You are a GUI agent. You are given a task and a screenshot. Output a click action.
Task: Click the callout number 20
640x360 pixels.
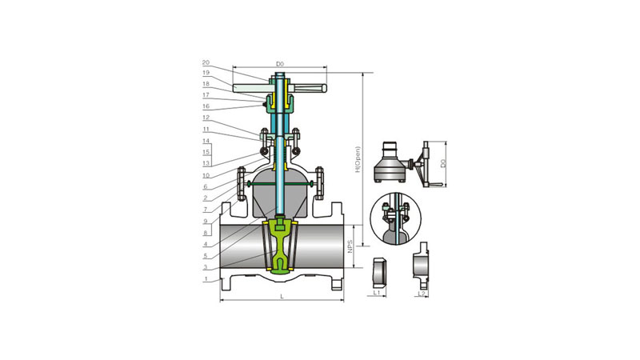pyautogui.click(x=206, y=63)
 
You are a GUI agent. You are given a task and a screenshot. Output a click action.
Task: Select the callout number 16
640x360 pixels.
pyautogui.click(x=206, y=106)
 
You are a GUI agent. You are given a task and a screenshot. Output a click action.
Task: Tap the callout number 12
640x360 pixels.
pyautogui.click(x=206, y=118)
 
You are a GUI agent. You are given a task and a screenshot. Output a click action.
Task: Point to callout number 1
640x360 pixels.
pyautogui.click(x=206, y=279)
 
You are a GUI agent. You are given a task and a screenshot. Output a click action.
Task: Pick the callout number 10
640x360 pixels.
pyautogui.click(x=206, y=175)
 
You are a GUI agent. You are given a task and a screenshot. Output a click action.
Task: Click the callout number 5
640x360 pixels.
pyautogui.click(x=206, y=256)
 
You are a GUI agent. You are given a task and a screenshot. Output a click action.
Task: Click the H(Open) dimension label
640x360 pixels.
pyautogui.click(x=358, y=159)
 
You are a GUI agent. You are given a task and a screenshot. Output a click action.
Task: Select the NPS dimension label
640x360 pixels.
pyautogui.click(x=350, y=246)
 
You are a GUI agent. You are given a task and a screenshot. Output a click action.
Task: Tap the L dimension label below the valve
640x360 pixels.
pyautogui.click(x=282, y=297)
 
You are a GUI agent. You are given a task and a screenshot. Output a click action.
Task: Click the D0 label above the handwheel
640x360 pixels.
pyautogui.click(x=279, y=64)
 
